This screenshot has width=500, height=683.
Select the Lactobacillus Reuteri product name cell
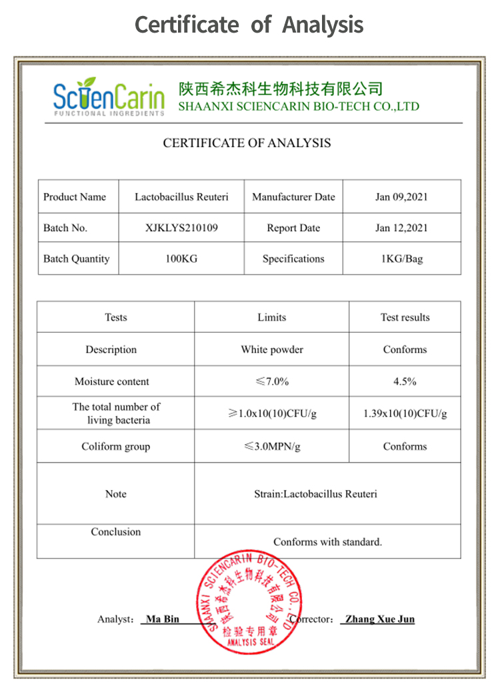[181, 197]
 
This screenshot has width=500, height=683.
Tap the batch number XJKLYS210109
[181, 228]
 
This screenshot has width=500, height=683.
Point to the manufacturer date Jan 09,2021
[401, 197]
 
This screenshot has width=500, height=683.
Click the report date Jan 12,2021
[401, 228]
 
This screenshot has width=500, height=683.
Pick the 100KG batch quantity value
[181, 259]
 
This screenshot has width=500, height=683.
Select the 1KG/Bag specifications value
[401, 259]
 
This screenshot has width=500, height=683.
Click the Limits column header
[271, 318]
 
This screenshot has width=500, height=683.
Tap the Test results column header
[405, 318]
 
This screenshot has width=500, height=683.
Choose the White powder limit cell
[271, 349]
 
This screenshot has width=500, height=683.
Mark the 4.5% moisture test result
[405, 381]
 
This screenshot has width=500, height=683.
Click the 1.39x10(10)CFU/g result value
[405, 413]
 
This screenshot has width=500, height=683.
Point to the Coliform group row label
[115, 447]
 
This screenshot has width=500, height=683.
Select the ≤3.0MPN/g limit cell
[271, 447]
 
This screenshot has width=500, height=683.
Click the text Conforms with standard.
[327, 542]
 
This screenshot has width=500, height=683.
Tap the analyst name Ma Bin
[163, 619]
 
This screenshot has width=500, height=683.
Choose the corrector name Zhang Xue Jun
[377, 619]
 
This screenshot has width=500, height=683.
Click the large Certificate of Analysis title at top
[249, 25]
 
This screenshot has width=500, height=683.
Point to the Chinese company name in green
[281, 89]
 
